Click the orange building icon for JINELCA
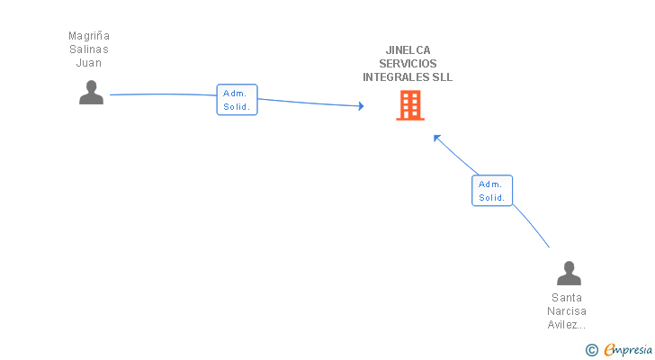[x=409, y=105]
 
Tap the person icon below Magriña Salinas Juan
[x=91, y=93]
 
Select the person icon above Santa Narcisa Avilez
[x=569, y=273]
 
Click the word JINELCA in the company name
[x=408, y=50]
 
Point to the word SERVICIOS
[x=408, y=64]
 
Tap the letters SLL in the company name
[x=442, y=77]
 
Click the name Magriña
[x=89, y=36]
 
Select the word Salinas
[x=89, y=49]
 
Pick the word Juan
[x=89, y=63]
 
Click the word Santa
[x=567, y=298]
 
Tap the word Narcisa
[x=567, y=311]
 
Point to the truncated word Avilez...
[x=567, y=325]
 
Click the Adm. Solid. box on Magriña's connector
[x=238, y=100]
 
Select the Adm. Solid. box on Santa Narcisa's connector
[x=492, y=191]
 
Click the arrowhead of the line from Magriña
[x=361, y=106]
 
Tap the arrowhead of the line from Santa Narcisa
[x=436, y=138]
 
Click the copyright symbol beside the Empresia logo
[x=591, y=349]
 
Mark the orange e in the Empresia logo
[x=609, y=349]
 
